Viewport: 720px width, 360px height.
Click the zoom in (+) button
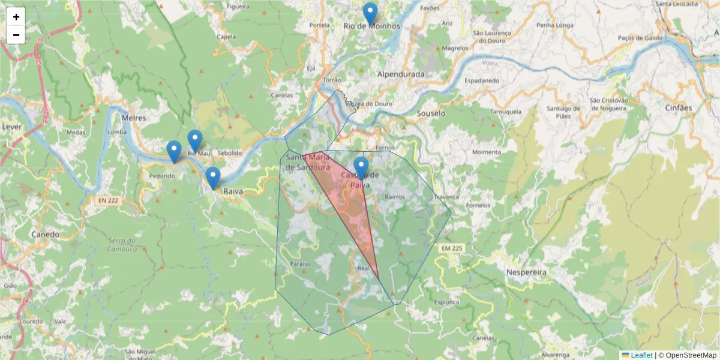point(16,17)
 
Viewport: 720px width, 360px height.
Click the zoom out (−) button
point(16,35)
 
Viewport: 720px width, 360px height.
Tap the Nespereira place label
point(527,272)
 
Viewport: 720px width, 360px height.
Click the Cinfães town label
point(679,108)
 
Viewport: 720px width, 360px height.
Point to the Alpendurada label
point(400,74)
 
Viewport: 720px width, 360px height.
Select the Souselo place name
point(431,113)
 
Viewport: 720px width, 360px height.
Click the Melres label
point(134,118)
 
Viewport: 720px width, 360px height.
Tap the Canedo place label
point(46,234)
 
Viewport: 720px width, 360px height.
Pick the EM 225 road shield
point(452,248)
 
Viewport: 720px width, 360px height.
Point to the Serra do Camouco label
point(123,245)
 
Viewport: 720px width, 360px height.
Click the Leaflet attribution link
point(641,355)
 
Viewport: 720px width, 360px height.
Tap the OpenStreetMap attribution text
point(688,355)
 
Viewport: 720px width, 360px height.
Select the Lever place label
point(11,127)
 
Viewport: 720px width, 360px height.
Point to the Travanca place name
point(446,196)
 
